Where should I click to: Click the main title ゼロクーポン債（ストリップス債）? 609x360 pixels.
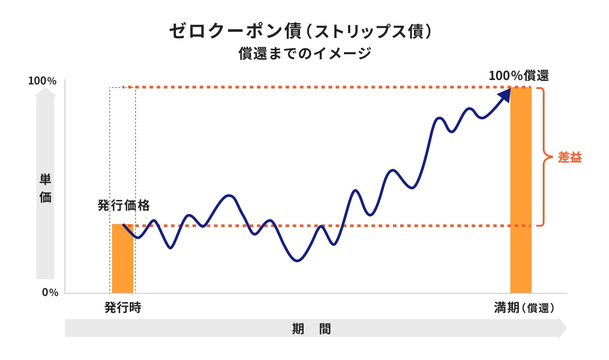point(300,32)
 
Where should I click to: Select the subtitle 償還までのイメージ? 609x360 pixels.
point(304,54)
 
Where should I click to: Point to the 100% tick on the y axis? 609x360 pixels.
point(42,81)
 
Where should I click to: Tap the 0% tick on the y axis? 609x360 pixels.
point(50,292)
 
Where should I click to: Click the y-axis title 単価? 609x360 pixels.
point(45,188)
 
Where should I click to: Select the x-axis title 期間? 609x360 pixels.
point(311,329)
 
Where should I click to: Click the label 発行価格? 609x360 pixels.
point(124,206)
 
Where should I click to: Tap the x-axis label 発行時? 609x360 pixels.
point(123,308)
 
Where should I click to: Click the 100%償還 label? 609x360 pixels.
point(518,76)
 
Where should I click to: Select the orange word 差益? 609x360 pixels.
point(570,157)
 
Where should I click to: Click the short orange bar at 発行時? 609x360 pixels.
point(123,259)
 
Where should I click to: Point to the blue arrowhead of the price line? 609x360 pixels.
point(505,95)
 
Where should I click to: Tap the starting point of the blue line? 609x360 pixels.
point(124,225)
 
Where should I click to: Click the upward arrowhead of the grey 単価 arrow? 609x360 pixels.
point(45,92)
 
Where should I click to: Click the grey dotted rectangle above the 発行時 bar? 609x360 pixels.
point(123,156)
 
